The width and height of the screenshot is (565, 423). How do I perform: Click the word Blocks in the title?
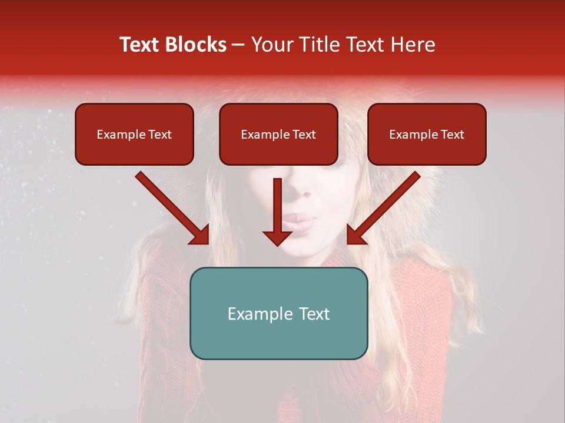click(x=195, y=45)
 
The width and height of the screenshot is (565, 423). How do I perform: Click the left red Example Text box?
click(x=134, y=135)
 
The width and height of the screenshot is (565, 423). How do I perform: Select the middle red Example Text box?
click(x=278, y=135)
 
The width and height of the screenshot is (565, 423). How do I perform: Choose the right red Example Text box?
click(x=427, y=135)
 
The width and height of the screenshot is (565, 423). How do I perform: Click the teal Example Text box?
click(x=278, y=314)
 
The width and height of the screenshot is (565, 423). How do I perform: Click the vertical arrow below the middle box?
click(x=277, y=211)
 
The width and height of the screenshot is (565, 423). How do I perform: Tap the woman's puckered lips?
click(x=300, y=223)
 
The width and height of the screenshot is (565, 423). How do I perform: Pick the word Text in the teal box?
click(x=314, y=314)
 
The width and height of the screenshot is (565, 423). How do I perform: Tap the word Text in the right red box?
click(x=451, y=135)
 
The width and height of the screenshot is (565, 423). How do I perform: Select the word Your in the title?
click(x=272, y=45)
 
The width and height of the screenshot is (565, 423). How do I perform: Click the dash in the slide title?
click(x=239, y=45)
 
